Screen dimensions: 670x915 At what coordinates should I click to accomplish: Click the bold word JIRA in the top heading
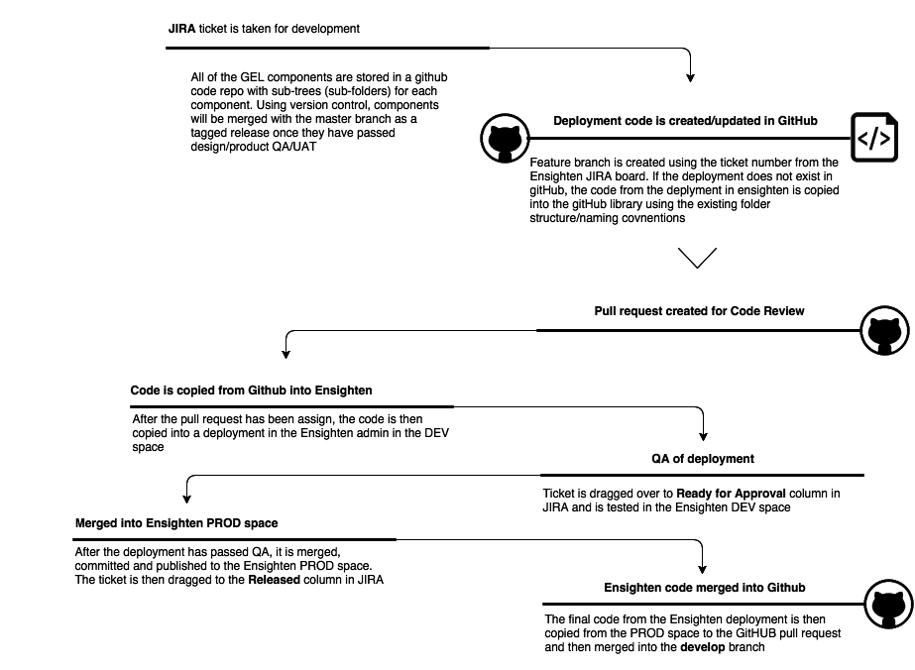click(181, 29)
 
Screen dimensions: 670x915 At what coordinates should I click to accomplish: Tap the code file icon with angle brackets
click(873, 139)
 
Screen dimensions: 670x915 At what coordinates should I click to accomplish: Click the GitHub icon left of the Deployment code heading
click(504, 139)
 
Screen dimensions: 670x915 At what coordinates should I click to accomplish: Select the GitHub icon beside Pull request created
click(882, 331)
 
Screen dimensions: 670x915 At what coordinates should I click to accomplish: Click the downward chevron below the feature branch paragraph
click(698, 258)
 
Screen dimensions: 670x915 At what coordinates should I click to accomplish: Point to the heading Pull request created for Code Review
click(699, 311)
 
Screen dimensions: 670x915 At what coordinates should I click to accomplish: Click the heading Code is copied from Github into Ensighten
click(251, 391)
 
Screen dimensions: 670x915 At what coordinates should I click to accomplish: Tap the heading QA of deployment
click(703, 459)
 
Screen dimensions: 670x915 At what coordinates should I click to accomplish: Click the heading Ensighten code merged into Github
click(705, 588)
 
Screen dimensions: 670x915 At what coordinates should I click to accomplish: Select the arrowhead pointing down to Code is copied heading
click(286, 353)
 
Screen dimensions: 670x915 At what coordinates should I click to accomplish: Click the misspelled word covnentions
click(650, 218)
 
